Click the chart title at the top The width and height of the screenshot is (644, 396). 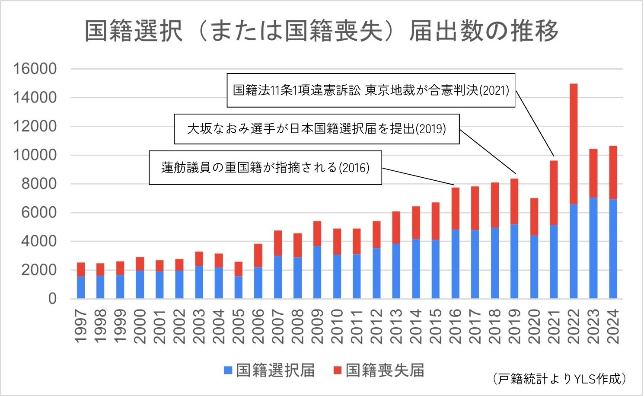coord(322,31)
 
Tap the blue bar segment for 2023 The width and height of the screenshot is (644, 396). coord(593,248)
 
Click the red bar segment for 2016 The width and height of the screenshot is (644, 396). coord(455,208)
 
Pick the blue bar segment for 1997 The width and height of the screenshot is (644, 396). coord(81,287)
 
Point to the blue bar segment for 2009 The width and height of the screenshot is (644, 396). coord(317,272)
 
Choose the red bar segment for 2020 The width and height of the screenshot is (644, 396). coord(534,217)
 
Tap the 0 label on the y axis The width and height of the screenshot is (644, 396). coord(52,299)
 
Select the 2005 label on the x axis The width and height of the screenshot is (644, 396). coord(238,326)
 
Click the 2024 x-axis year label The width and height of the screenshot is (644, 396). coord(613,326)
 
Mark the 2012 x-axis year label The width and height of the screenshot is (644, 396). coord(376,326)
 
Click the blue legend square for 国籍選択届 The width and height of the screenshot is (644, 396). coord(228,370)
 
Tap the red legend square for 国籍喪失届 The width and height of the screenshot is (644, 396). coord(338,370)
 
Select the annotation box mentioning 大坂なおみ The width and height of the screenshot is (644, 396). coord(316,129)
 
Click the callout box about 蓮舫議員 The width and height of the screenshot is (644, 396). coord(265,167)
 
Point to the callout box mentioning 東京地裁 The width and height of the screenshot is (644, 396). coord(371,90)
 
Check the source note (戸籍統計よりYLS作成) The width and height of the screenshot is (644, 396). coord(559,379)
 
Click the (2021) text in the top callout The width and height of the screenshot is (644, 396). coord(494,91)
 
